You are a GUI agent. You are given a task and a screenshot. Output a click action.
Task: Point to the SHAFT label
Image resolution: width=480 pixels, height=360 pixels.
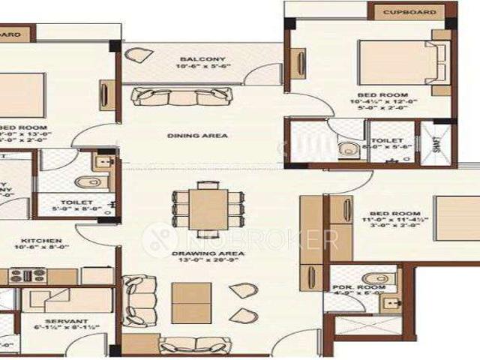(x=439, y=141)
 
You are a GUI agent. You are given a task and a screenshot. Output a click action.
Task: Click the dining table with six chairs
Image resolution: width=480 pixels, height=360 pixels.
(x=201, y=204)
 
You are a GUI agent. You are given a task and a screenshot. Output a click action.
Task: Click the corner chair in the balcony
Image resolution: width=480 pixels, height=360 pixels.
(x=138, y=57)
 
